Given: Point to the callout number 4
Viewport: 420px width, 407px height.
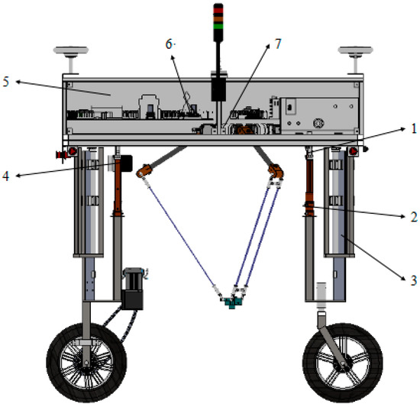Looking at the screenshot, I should point(8,176).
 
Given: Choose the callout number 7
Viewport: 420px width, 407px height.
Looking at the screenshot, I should point(277,44).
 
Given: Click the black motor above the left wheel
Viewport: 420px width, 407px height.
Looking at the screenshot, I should point(133,287).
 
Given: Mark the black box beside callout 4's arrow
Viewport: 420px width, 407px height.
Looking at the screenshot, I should point(124,162).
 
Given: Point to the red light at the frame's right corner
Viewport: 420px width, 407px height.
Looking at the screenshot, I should point(354,151).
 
